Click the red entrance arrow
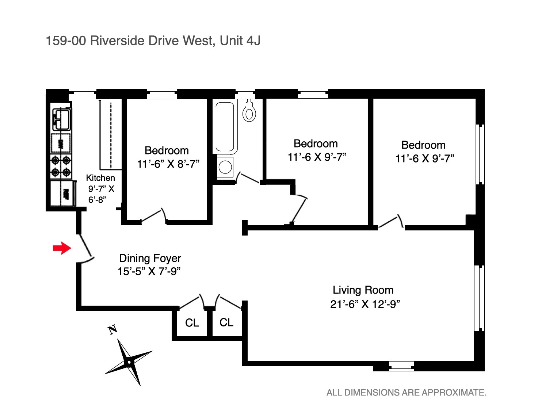coord(62,248)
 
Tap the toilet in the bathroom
coord(249,111)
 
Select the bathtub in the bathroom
coord(225,127)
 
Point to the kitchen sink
coord(61,119)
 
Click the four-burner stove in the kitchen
coord(61,166)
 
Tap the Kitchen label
coord(100,178)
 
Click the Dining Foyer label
coord(150,258)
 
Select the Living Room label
coord(363,290)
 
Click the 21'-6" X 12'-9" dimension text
coord(365,304)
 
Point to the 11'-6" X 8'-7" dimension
coord(168,164)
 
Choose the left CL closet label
coord(192,323)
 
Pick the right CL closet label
coord(226,322)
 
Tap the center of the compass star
coord(129,362)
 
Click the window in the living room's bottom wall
coord(401,366)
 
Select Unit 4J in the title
coord(240,41)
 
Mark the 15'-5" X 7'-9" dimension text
coord(149,272)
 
